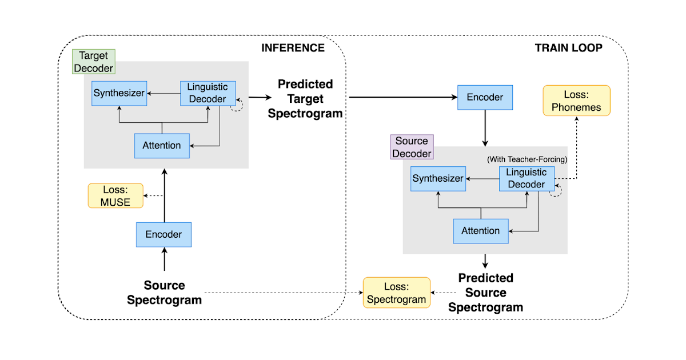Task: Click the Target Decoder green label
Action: coord(94,61)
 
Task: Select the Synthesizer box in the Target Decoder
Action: coord(119,93)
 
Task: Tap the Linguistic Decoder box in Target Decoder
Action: coord(208,93)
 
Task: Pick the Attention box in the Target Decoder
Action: coord(162,146)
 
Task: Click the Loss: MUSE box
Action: coord(115,195)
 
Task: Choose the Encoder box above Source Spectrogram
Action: coord(163,234)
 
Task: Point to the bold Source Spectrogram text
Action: coord(164,293)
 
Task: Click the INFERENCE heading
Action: coord(293,47)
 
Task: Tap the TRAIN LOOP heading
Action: coord(568,47)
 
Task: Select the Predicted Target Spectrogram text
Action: coord(305,98)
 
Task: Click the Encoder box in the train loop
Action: coord(485,98)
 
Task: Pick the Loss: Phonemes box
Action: coord(576,101)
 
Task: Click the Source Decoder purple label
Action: coord(412,147)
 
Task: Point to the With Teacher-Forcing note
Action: coord(527,159)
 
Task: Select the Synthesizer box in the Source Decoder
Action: coord(438,179)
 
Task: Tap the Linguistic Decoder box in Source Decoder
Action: coord(527,178)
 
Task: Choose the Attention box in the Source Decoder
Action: coord(481,231)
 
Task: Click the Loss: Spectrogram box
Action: coord(397,293)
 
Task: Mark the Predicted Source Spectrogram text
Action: coord(485,293)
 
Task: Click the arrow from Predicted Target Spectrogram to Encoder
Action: coord(400,98)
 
